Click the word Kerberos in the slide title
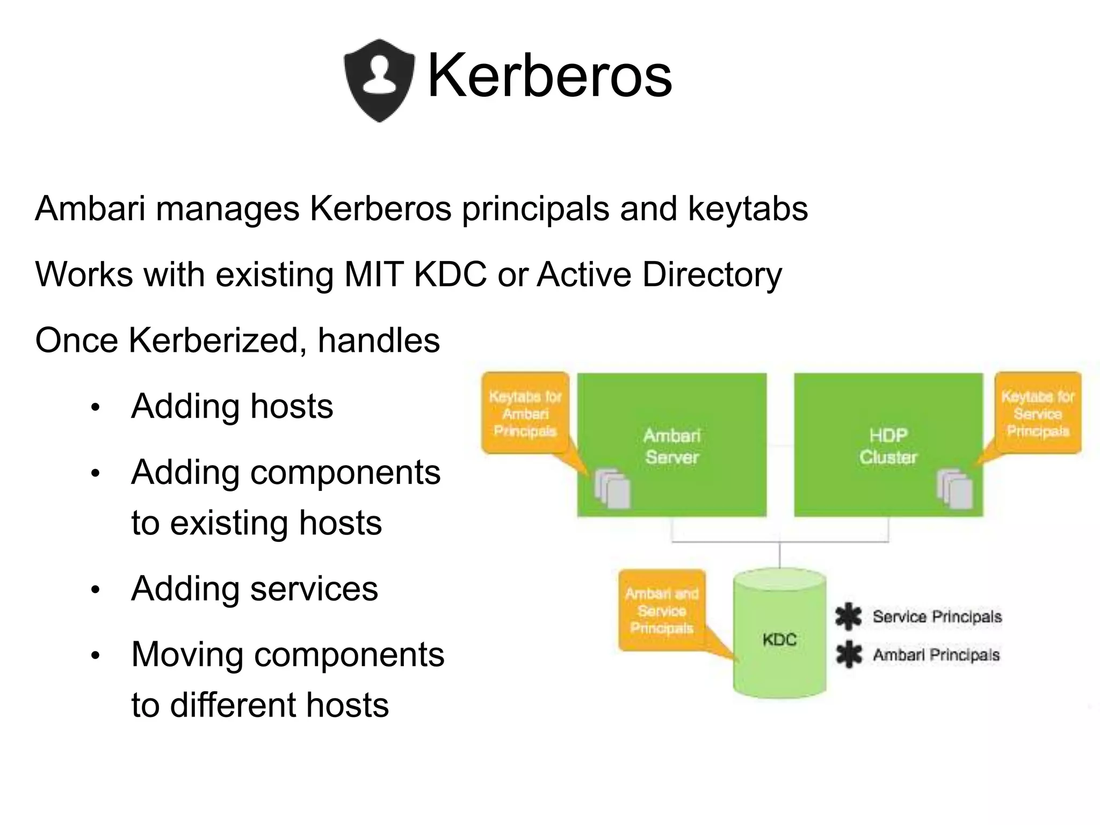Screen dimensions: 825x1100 coord(549,76)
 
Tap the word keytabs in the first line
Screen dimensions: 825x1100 coord(748,208)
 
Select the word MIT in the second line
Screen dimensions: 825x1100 coord(373,274)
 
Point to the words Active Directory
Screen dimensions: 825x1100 coord(659,274)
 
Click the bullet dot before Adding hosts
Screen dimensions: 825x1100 coord(96,408)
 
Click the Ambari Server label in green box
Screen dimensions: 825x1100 coord(671,446)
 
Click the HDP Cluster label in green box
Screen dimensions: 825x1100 coord(888,446)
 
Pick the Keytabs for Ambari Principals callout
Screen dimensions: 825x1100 coord(525,414)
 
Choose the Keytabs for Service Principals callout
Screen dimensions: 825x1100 coord(1037,414)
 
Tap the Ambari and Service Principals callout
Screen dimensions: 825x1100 coord(662,611)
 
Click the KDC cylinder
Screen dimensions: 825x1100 coord(779,639)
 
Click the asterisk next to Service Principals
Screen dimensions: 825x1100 coord(849,617)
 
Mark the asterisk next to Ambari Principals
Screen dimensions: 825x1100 coord(849,655)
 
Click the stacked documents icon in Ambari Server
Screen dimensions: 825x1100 coord(612,489)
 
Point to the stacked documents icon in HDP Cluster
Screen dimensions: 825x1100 coord(954,489)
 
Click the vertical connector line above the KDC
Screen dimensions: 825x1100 coord(780,555)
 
